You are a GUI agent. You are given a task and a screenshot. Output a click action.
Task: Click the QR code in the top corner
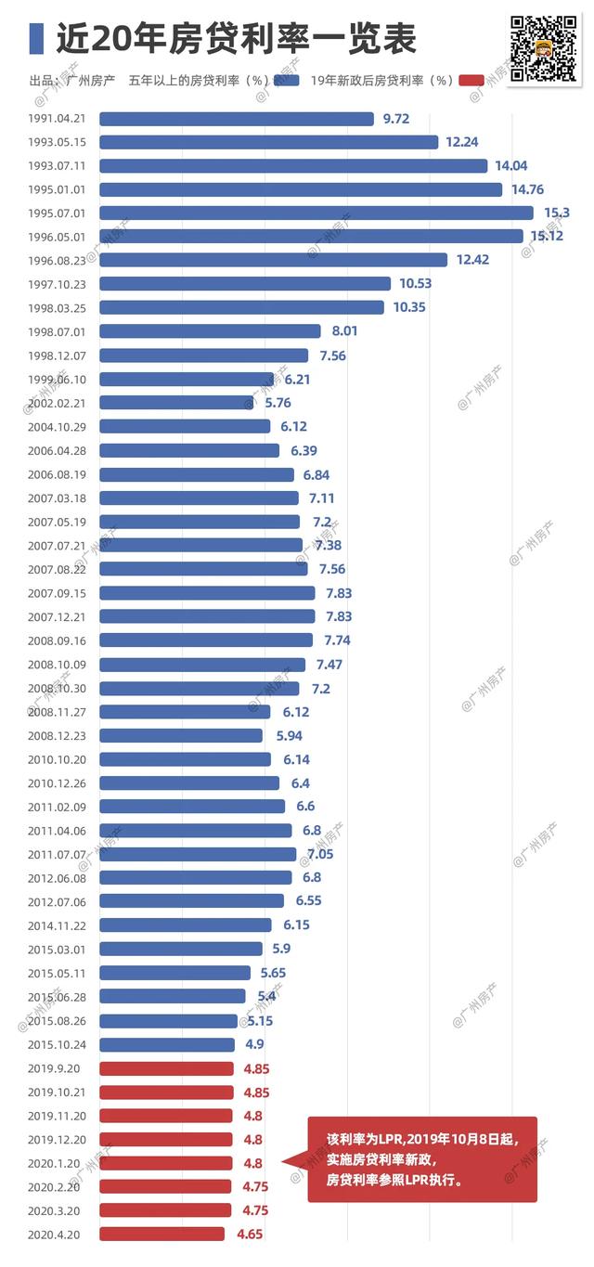543,48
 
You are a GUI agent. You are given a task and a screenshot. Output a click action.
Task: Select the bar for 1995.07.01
316,213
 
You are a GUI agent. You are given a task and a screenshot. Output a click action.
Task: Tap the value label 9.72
396,119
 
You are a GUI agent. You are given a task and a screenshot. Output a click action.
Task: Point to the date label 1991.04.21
57,119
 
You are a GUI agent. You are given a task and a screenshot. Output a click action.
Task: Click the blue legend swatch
286,81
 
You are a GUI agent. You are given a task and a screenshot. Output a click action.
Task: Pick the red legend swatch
471,81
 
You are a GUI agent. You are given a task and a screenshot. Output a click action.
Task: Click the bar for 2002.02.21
177,403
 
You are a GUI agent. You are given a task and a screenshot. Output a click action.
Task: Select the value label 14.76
527,189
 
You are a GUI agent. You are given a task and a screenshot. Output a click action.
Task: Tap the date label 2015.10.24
57,1045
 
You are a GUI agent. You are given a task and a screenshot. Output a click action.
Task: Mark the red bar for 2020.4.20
161,1235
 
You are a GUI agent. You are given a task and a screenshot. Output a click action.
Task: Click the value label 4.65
250,1235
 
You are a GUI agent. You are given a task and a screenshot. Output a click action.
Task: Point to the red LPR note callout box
422,1159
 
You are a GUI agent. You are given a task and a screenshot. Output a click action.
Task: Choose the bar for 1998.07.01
210,330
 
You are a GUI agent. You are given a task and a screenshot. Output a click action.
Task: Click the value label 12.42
472,260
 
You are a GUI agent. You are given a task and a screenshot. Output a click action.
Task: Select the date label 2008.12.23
57,736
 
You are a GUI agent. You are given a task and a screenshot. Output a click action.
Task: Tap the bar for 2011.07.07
198,854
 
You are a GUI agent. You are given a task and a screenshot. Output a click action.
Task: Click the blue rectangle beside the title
36,38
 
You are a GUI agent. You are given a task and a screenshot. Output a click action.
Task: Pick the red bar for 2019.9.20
166,1068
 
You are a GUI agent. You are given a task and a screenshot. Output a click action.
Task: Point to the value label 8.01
344,330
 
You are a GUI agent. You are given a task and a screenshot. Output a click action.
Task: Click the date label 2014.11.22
57,926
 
